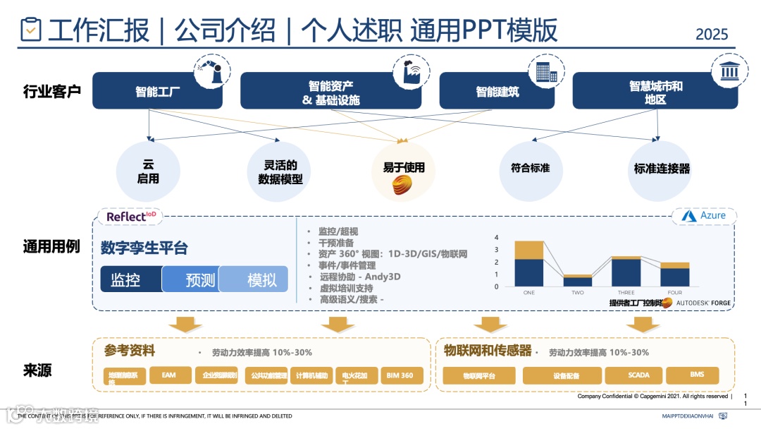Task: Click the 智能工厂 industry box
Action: (x=158, y=91)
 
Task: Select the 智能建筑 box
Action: (x=497, y=91)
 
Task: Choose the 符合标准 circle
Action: (x=531, y=169)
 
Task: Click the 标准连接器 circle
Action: (x=661, y=169)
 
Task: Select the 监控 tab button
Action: (x=131, y=279)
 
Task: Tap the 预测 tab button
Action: (x=191, y=279)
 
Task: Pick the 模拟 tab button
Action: (x=254, y=279)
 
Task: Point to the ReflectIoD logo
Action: (x=131, y=216)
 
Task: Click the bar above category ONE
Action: (x=528, y=263)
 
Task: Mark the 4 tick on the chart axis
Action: (x=497, y=238)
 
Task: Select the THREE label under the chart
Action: (x=626, y=292)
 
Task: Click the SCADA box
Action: (x=638, y=375)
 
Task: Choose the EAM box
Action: (x=168, y=375)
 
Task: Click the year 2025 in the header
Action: (x=712, y=34)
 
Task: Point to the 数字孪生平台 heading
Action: (x=144, y=248)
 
